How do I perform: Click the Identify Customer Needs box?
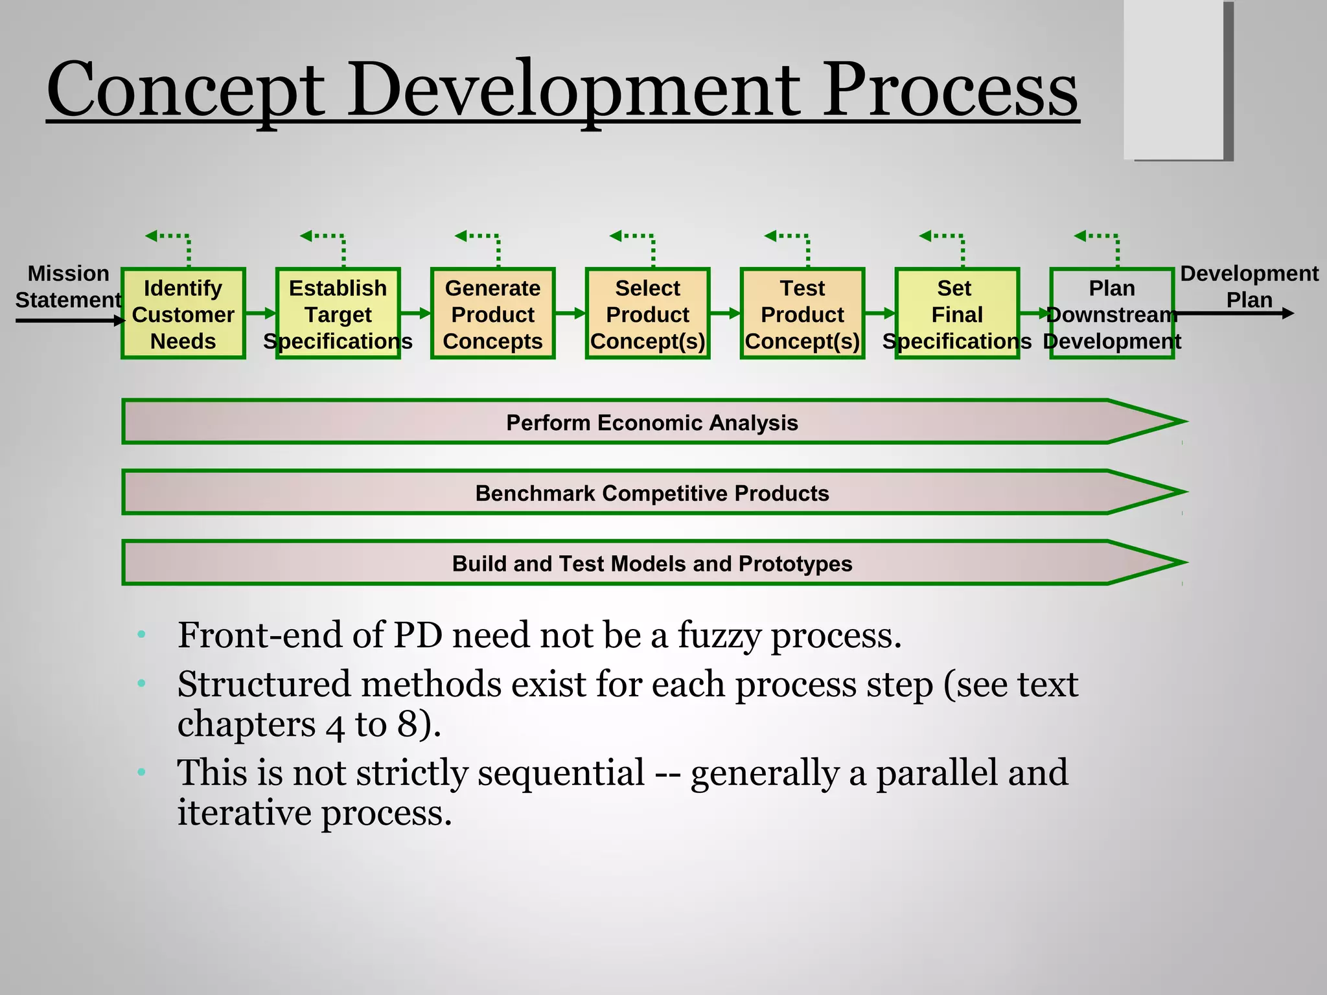[183, 314]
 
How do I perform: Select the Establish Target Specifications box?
[338, 314]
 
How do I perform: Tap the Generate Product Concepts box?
[492, 314]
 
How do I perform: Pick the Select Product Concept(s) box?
[647, 314]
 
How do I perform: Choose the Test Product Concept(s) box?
[802, 314]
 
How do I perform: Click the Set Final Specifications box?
[957, 314]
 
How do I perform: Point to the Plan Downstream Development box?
[1112, 314]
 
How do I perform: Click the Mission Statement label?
[68, 287]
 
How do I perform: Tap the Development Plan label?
[1249, 286]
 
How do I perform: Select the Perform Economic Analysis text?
[652, 423]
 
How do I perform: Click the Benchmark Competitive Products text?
[652, 494]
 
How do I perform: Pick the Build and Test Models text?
[652, 564]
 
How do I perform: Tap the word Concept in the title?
[185, 91]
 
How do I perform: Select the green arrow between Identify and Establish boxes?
[260, 314]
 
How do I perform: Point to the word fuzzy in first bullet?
[719, 636]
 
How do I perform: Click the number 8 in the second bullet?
[408, 724]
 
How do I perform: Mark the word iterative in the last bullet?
[244, 813]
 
